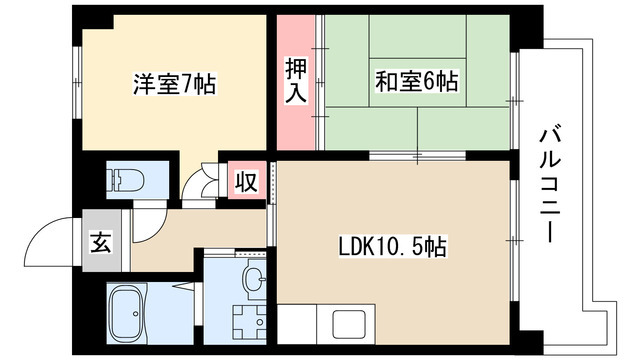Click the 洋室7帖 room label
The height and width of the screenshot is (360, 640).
click(175, 85)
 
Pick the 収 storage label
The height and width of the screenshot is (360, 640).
click(244, 181)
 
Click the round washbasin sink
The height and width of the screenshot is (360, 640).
click(253, 277)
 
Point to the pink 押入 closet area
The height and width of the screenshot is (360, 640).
click(295, 110)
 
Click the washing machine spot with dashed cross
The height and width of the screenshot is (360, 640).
click(246, 321)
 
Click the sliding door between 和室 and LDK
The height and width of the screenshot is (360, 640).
click(414, 157)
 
